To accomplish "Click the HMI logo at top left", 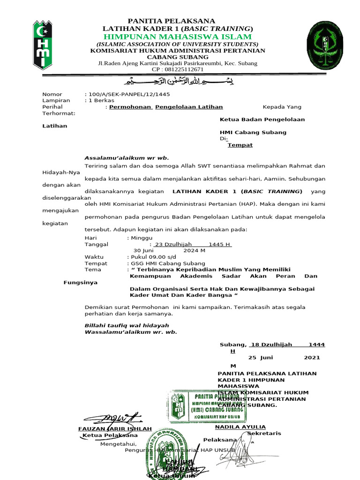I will [42, 45].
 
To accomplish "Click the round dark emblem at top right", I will [328, 45].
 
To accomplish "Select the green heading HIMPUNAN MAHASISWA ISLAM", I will [178, 37].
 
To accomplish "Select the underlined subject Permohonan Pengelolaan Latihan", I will [166, 107].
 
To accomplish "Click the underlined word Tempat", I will [240, 145].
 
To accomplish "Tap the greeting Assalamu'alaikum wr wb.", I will [127, 157].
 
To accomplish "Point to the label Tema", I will [93, 270].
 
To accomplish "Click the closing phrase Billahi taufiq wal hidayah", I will [127, 325].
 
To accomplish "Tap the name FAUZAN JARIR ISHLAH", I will [115, 429].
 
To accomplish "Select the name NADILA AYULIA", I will [240, 427].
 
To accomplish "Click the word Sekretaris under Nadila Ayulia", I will [264, 433].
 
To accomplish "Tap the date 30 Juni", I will [144, 250].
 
